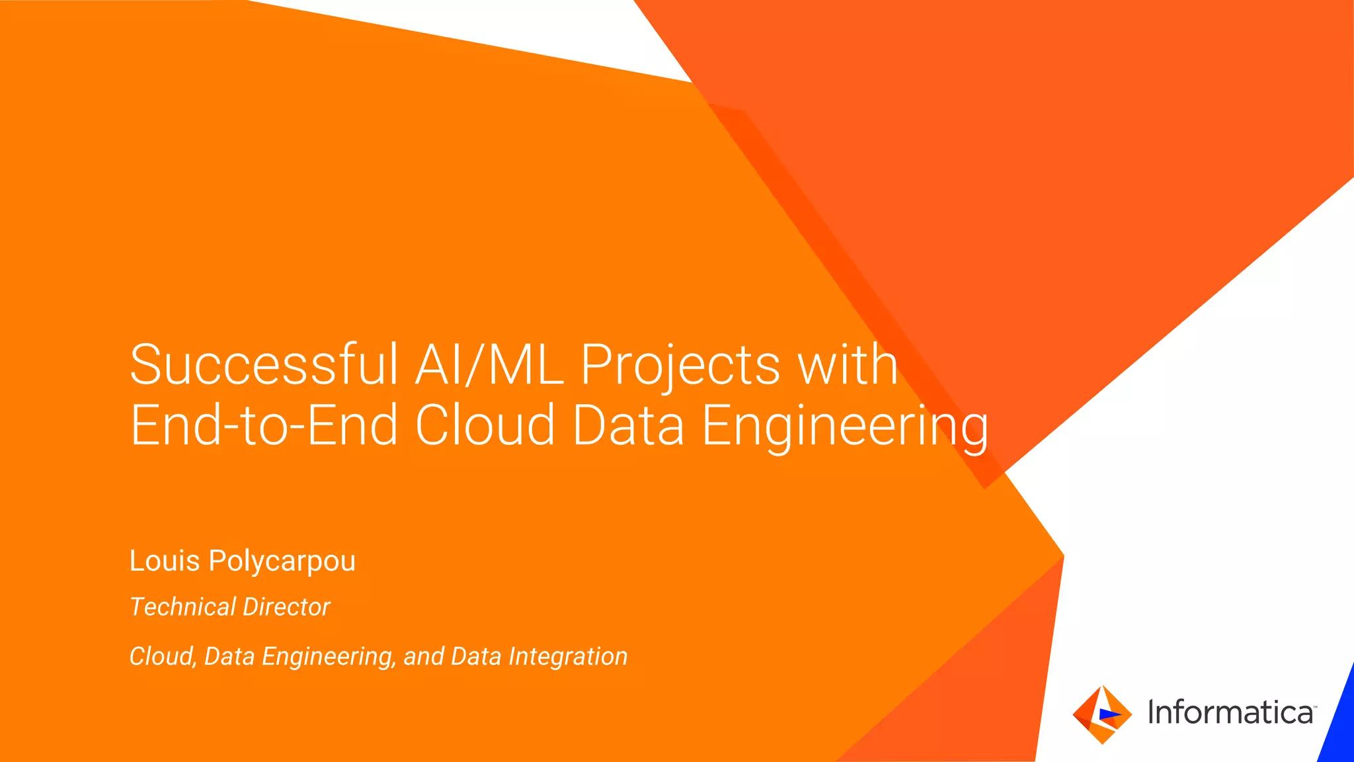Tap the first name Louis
click(x=165, y=561)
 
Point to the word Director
click(x=287, y=607)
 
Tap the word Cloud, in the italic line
click(x=163, y=657)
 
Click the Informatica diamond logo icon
click(x=1101, y=714)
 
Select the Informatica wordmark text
click(x=1230, y=712)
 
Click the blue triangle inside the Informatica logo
click(x=1109, y=714)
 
